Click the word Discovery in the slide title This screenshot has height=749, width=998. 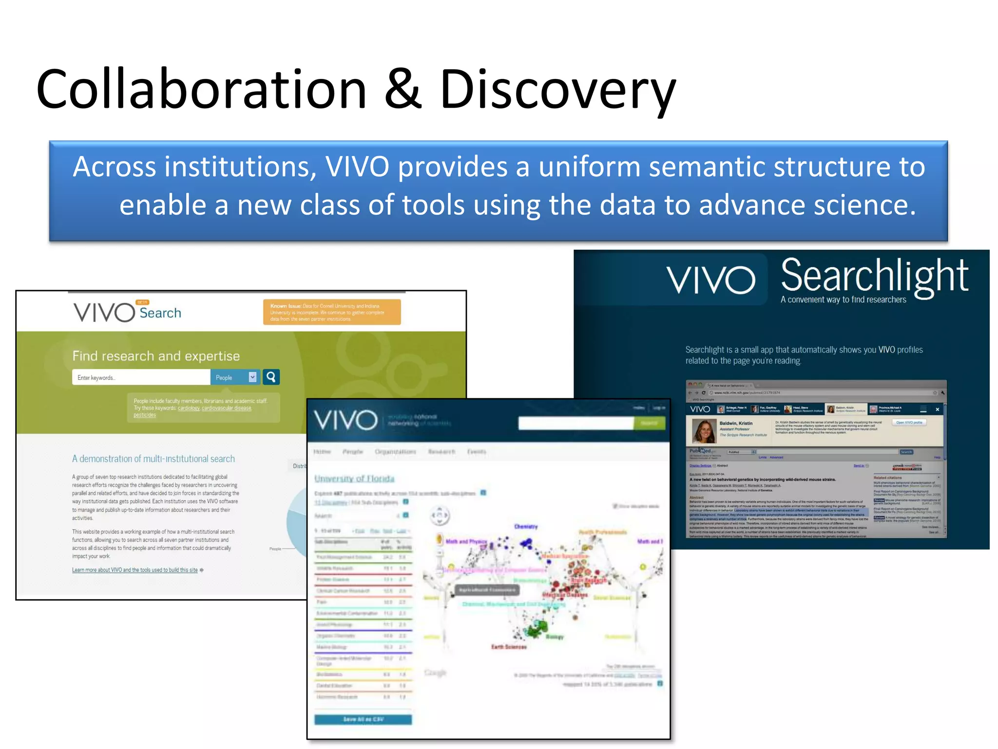click(x=557, y=89)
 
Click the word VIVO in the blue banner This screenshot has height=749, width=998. click(x=357, y=167)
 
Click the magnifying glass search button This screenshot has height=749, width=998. click(x=271, y=377)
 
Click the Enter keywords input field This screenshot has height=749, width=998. click(x=141, y=377)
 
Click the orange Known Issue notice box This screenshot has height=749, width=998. click(x=332, y=312)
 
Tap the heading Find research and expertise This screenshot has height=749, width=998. click(x=156, y=356)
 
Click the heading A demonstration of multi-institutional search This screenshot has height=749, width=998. click(x=153, y=459)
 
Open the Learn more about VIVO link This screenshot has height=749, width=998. click(x=135, y=570)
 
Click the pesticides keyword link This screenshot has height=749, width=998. click(x=145, y=415)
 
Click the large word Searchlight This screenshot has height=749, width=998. click(x=874, y=276)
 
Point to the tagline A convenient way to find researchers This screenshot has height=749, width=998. click(x=843, y=299)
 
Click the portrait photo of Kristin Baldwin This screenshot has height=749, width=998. click(x=704, y=431)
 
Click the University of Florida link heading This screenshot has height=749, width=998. click(x=354, y=478)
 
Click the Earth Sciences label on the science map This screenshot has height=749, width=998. click(x=509, y=647)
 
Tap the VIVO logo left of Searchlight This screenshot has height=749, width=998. click(x=710, y=279)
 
